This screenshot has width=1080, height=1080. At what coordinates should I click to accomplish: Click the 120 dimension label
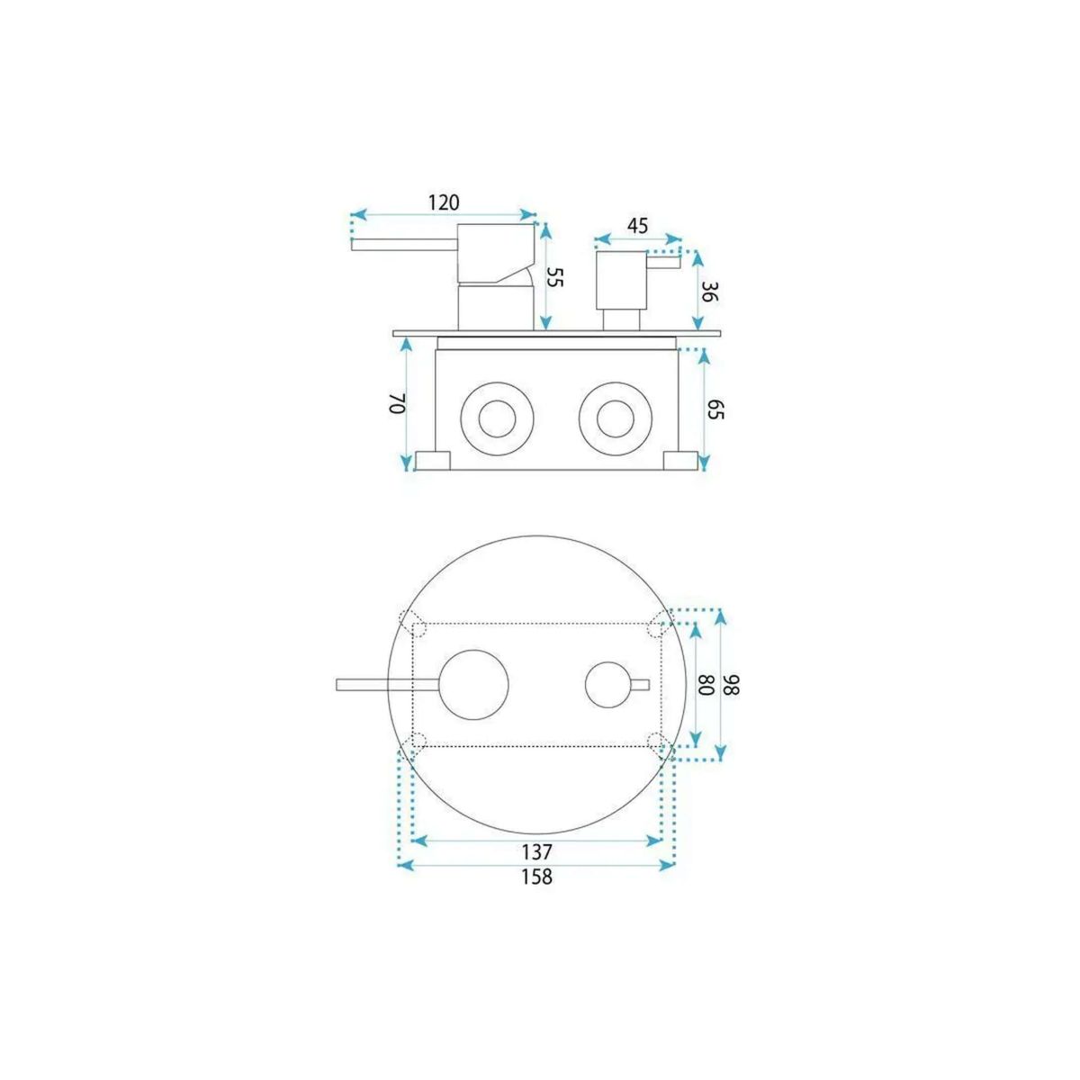coord(444,202)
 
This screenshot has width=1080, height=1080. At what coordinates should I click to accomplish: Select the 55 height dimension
coord(553,277)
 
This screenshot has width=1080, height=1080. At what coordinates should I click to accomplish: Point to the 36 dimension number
coord(709,292)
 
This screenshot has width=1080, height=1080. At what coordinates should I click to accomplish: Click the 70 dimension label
coord(397,403)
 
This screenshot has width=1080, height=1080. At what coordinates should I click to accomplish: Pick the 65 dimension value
coord(715,409)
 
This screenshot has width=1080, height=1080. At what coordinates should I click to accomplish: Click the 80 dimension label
coord(705,684)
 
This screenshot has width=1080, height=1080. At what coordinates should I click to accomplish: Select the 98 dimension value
coord(732,684)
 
